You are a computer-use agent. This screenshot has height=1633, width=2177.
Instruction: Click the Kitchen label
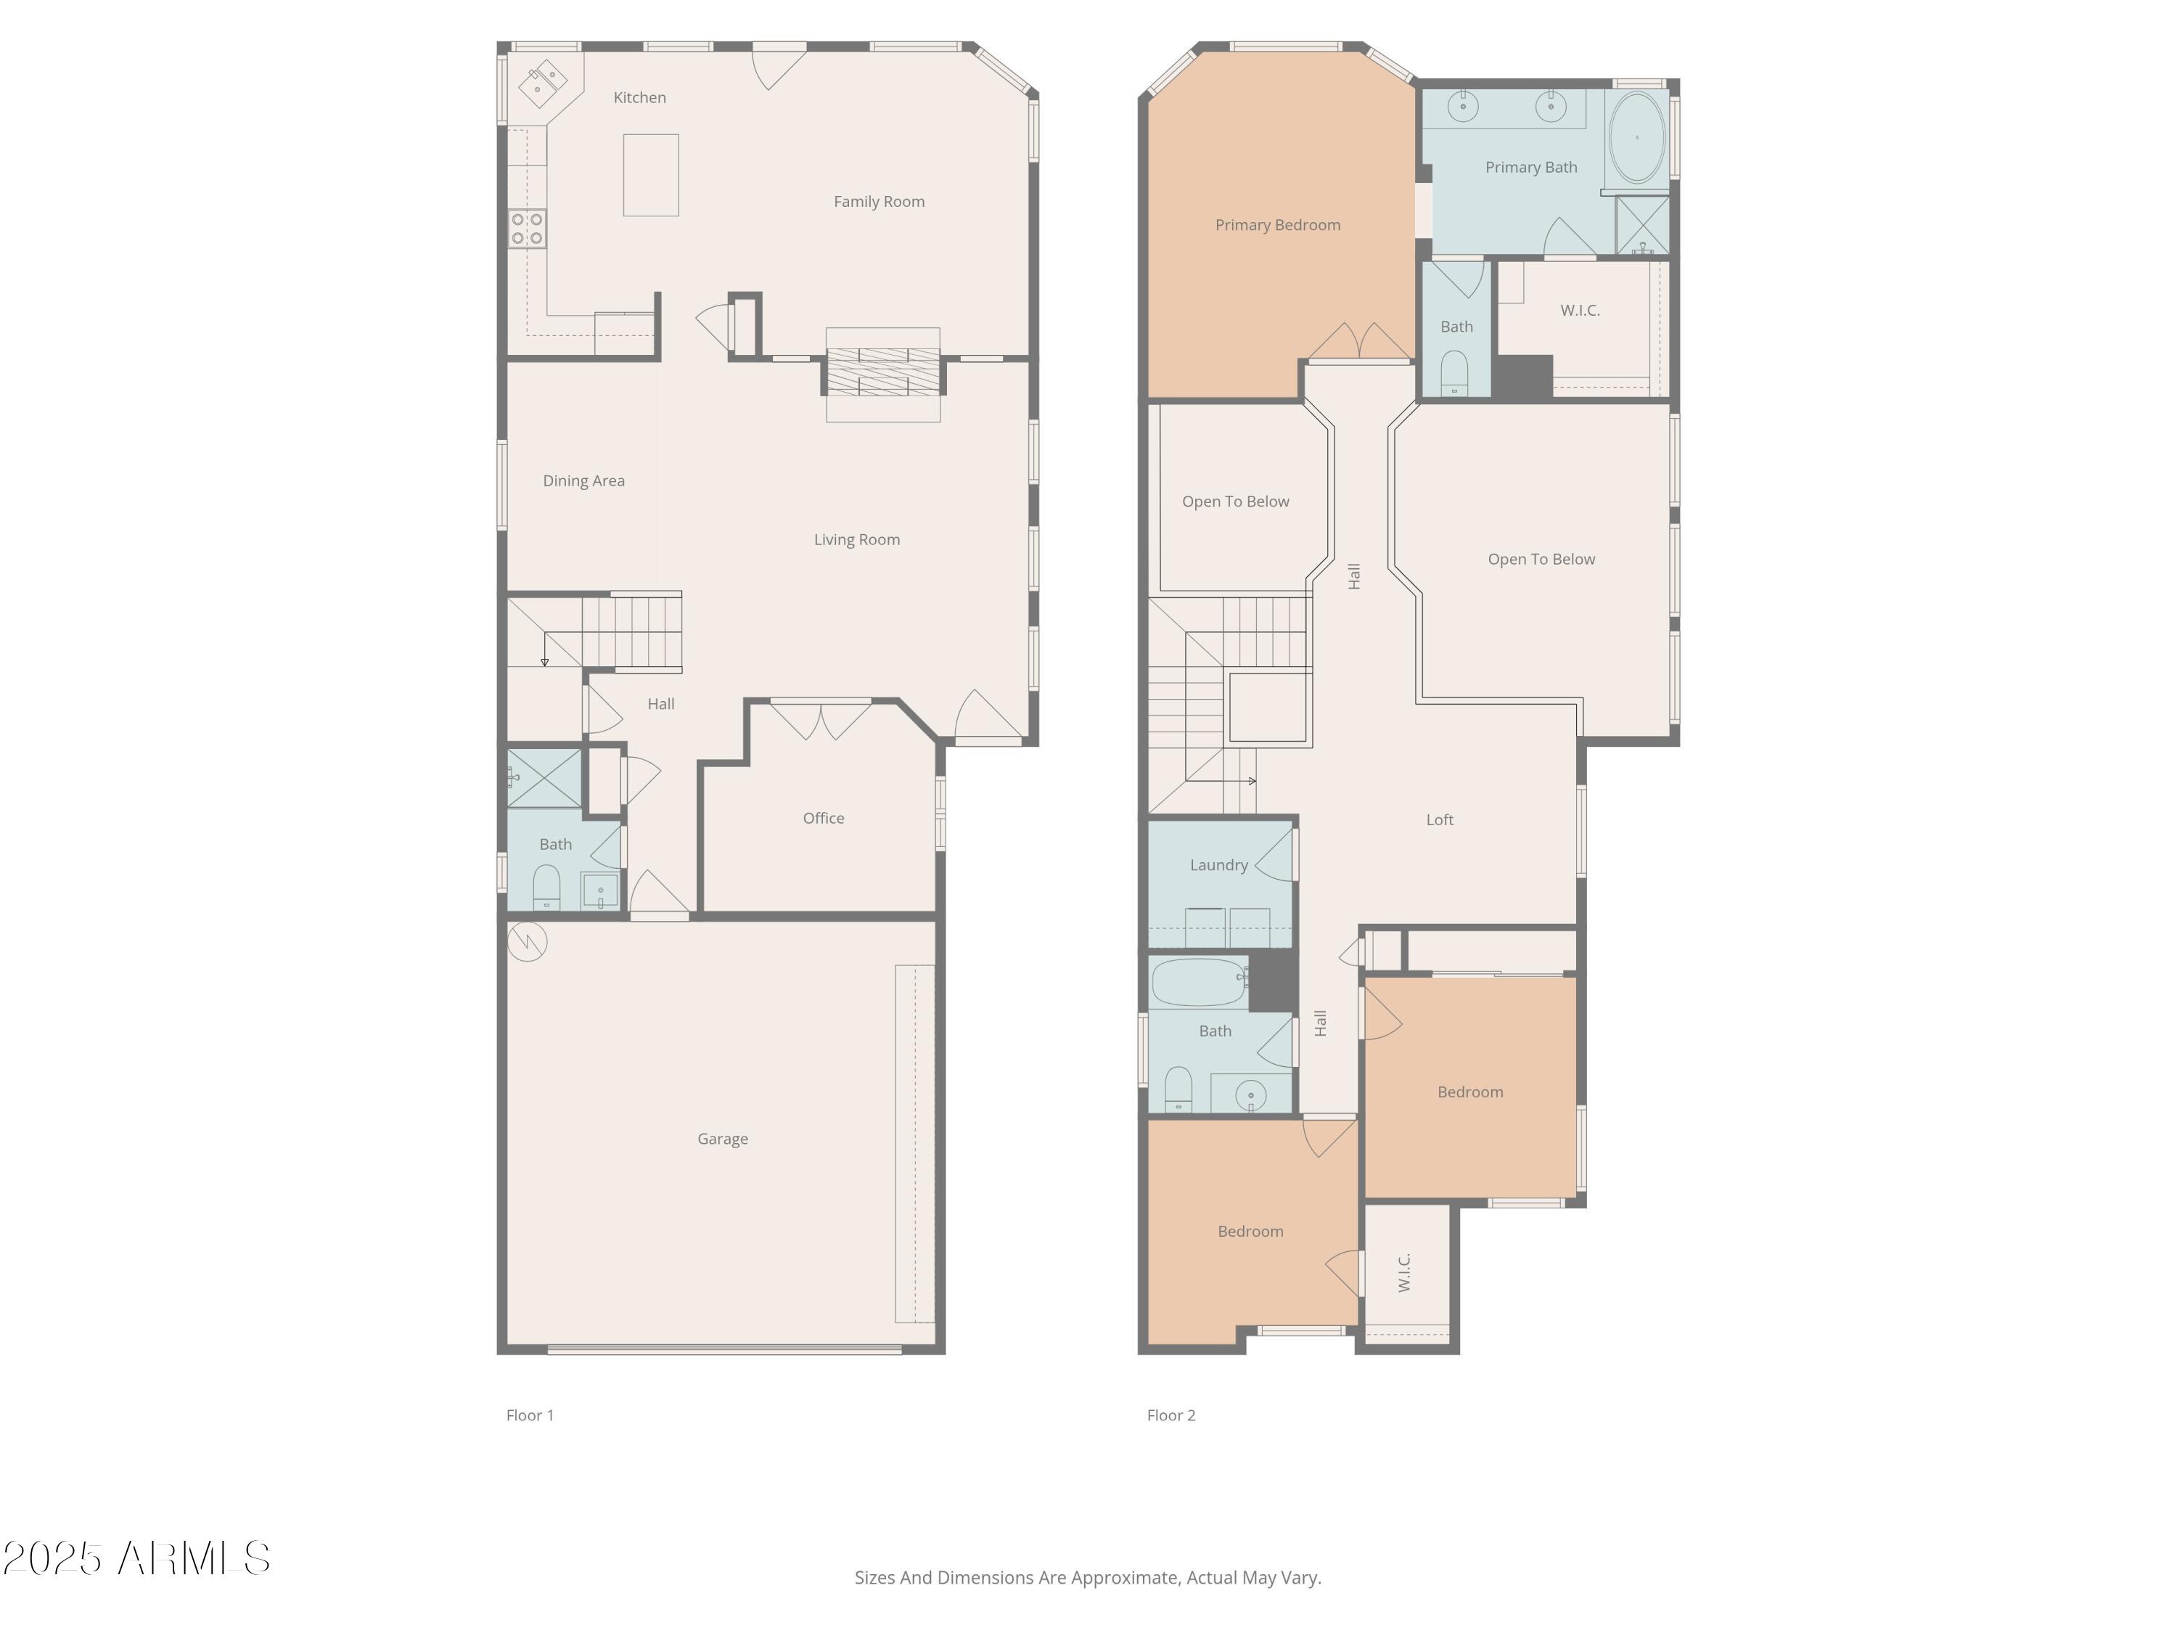(x=640, y=97)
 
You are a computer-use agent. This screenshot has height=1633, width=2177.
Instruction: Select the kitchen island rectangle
(x=650, y=175)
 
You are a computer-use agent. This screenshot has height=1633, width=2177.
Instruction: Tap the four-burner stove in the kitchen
(x=528, y=229)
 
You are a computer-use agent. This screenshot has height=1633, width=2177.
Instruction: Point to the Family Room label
(x=879, y=202)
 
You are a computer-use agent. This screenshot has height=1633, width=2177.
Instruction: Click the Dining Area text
(x=583, y=481)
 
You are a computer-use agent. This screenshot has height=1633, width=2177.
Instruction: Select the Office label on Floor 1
(x=823, y=818)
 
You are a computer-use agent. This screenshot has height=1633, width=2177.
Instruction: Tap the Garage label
(x=722, y=1139)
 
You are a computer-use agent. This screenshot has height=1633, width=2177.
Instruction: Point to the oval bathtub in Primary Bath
(x=1636, y=138)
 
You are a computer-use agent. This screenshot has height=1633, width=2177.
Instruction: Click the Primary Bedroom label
(x=1277, y=226)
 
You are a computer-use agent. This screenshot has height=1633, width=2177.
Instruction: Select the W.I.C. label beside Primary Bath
(x=1580, y=310)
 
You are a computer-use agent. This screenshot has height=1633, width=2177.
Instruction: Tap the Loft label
(x=1439, y=820)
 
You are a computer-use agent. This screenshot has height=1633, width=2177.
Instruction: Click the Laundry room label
(x=1218, y=865)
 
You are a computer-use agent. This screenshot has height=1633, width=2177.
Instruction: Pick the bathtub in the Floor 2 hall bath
(x=1198, y=981)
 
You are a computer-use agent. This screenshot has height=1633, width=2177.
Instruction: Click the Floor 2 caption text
(x=1171, y=1415)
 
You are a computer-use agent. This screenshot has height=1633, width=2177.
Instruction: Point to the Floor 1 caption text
(x=530, y=1415)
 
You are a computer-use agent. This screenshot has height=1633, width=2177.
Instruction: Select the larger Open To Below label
(x=1541, y=559)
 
